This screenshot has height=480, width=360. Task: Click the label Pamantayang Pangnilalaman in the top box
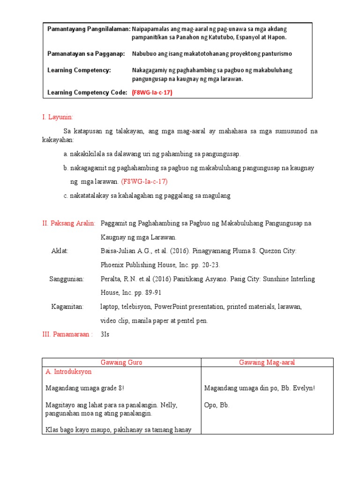pyautogui.click(x=89, y=29)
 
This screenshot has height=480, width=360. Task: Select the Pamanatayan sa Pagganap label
pyautogui.click(x=86, y=54)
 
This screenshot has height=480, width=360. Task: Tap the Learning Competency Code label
pyautogui.click(x=87, y=93)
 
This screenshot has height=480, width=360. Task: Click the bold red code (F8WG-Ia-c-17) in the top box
pyautogui.click(x=152, y=93)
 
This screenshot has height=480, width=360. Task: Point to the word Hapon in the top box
pyautogui.click(x=276, y=37)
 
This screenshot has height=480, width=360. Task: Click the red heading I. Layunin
pyautogui.click(x=58, y=117)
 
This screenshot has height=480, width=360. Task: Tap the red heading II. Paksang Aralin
pyautogui.click(x=69, y=224)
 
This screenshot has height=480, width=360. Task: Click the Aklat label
pyautogui.click(x=60, y=251)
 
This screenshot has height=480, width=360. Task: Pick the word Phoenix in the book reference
pyautogui.click(x=112, y=265)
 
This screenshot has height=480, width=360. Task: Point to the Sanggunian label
pyautogui.click(x=67, y=279)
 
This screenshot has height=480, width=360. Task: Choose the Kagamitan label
pyautogui.click(x=67, y=307)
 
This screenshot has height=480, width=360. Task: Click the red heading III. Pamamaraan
pyautogui.click(x=67, y=334)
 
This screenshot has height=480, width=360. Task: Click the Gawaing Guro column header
pyautogui.click(x=121, y=362)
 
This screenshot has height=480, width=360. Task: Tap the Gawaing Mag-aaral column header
pyautogui.click(x=267, y=362)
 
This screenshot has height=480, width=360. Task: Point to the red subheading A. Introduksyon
pyautogui.click(x=68, y=372)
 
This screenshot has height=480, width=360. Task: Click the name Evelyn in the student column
pyautogui.click(x=302, y=388)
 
